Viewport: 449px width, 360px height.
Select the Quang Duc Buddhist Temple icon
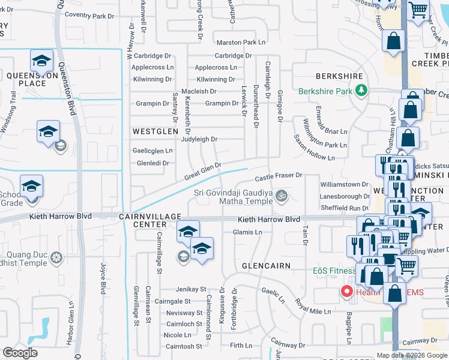tap(56, 258)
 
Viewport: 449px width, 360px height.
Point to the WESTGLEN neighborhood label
tap(155, 131)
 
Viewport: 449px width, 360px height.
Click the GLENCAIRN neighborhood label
tap(266, 265)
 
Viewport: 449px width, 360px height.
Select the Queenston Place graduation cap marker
tap(41, 61)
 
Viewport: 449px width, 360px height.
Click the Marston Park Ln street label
tap(241, 43)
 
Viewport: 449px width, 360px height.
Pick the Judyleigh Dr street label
tap(197, 139)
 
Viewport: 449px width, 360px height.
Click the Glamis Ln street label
tap(248, 232)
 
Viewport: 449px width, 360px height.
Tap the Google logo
tap(20, 353)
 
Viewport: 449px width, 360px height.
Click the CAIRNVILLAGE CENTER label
tap(150, 220)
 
